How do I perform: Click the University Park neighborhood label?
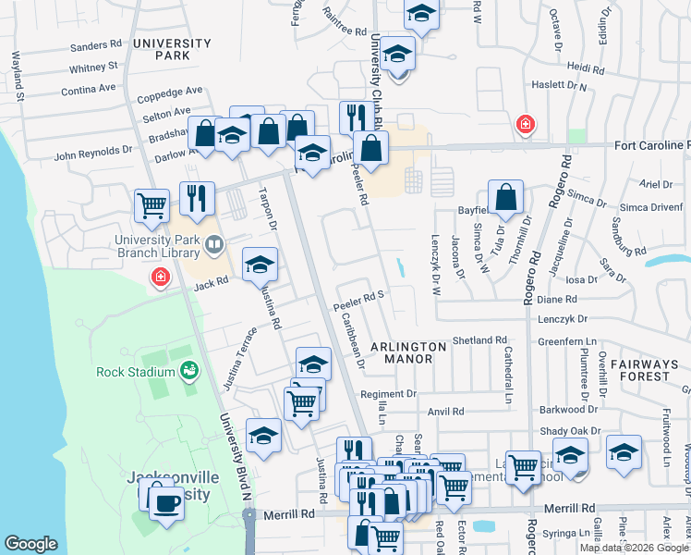pyautogui.click(x=162, y=49)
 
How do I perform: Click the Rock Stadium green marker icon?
pyautogui.click(x=190, y=371)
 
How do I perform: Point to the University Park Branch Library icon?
pyautogui.click(x=214, y=244)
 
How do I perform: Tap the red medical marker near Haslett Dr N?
pyautogui.click(x=526, y=123)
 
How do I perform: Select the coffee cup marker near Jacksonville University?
pyautogui.click(x=166, y=503)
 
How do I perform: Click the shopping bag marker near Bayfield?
pyautogui.click(x=506, y=196)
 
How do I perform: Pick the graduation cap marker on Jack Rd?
pyautogui.click(x=261, y=265)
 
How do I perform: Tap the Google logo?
pyautogui.click(x=30, y=544)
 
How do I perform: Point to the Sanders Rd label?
pyautogui.click(x=96, y=44)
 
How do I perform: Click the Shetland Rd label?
pyautogui.click(x=480, y=340)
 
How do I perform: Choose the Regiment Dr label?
pyautogui.click(x=389, y=394)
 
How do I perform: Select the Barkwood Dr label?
pyautogui.click(x=569, y=409)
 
